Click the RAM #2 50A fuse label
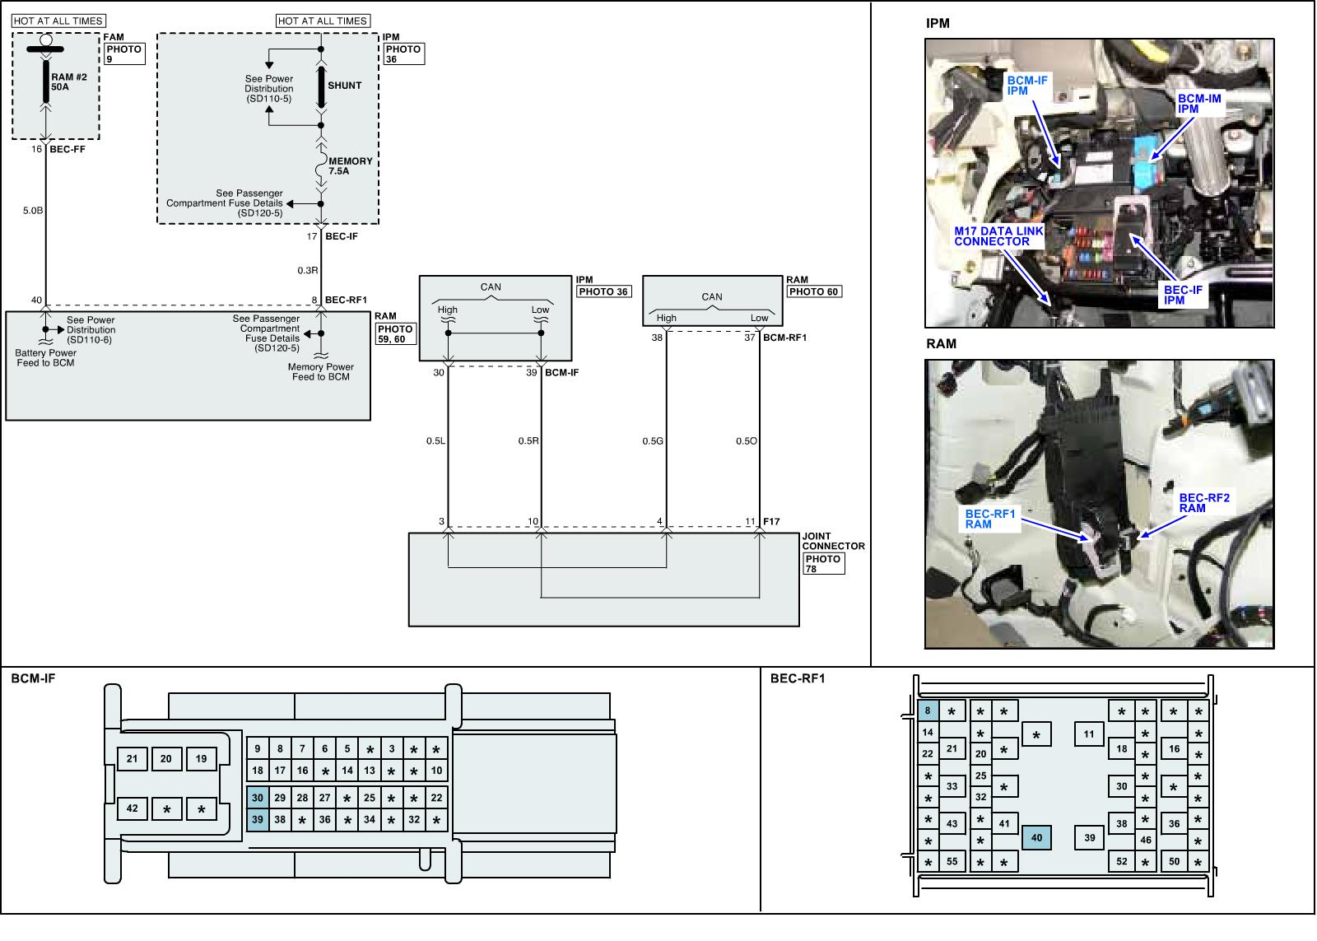pos(69,82)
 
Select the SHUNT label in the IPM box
pos(344,86)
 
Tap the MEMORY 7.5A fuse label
pos(350,166)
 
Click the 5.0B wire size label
pos(33,211)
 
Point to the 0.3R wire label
pos(308,270)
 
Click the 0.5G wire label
pos(653,441)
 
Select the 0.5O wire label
pos(746,441)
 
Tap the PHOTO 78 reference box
pos(823,564)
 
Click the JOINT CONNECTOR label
pos(833,541)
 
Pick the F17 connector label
pos(771,521)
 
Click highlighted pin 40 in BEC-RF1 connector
pos(1036,838)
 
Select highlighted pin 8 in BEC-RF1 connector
pos(928,710)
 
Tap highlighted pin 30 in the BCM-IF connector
pos(258,798)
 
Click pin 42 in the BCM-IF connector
pos(133,808)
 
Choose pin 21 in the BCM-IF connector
pos(133,758)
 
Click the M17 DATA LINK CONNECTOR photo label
pos(998,236)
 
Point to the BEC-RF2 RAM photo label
pos(1203,503)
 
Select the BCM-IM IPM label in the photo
pos(1199,104)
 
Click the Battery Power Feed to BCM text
pos(46,358)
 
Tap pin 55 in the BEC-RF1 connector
pos(952,861)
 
